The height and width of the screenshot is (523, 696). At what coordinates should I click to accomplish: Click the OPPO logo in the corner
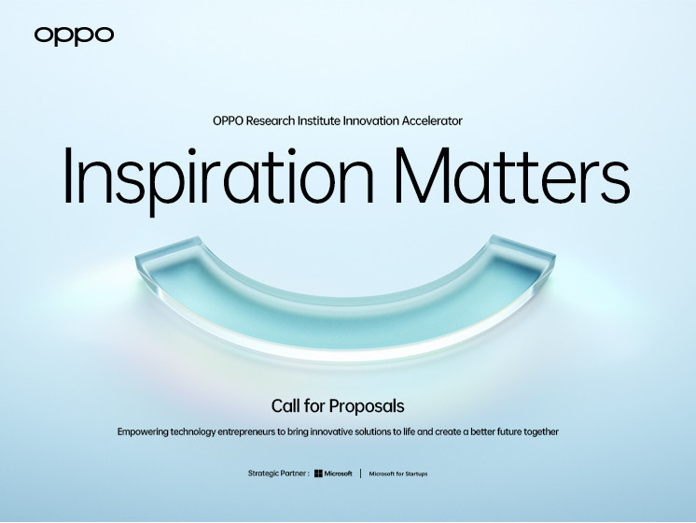[74, 35]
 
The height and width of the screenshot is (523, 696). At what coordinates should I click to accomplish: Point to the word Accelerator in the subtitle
[431, 120]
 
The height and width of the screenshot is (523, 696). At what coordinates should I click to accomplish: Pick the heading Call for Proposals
[338, 406]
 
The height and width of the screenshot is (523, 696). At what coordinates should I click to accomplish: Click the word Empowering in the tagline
[147, 431]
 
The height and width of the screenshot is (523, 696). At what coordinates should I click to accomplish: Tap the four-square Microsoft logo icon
[319, 474]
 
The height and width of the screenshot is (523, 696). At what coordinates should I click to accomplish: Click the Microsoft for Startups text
[398, 474]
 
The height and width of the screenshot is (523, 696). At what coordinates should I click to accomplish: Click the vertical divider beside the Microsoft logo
[361, 474]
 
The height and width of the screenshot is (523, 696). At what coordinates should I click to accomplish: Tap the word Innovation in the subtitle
[383, 120]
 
